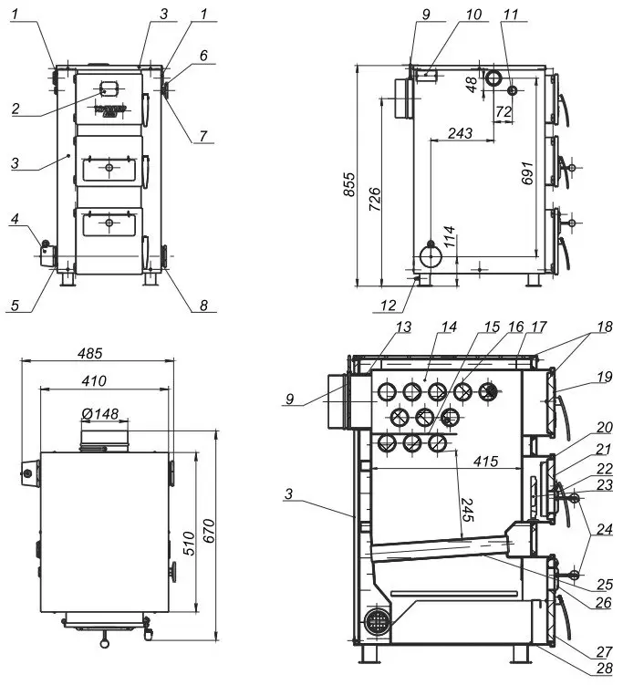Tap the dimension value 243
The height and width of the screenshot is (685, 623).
point(461,133)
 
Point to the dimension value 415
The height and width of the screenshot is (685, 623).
point(485,462)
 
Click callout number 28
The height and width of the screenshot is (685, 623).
point(601,670)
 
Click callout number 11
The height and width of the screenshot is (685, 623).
point(510,15)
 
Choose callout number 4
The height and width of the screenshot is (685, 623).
point(16,219)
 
